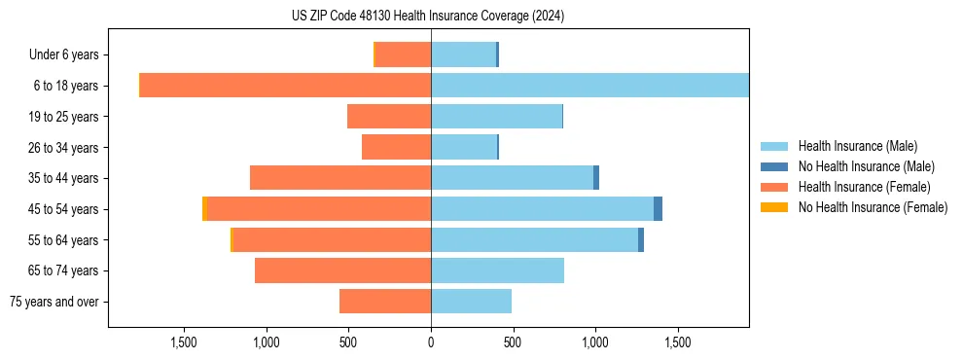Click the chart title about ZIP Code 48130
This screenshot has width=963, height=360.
tap(428, 17)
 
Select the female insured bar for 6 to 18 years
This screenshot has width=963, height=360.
tap(286, 86)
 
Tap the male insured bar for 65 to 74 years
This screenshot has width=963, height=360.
tap(497, 270)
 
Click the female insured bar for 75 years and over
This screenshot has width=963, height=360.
tap(385, 302)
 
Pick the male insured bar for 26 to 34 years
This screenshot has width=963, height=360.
tap(464, 147)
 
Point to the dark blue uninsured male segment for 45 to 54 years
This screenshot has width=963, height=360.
tap(658, 209)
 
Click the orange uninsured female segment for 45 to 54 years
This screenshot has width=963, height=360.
tap(204, 209)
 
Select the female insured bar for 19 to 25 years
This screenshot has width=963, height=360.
tap(389, 117)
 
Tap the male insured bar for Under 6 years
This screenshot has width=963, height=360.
tap(463, 54)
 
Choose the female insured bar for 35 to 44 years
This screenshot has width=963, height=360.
tap(340, 178)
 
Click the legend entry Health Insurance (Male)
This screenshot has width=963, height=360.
tap(857, 146)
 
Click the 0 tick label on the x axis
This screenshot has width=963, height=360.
tap(431, 342)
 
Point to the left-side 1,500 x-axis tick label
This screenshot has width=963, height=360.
tap(184, 342)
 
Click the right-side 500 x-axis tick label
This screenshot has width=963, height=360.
tap(513, 342)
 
